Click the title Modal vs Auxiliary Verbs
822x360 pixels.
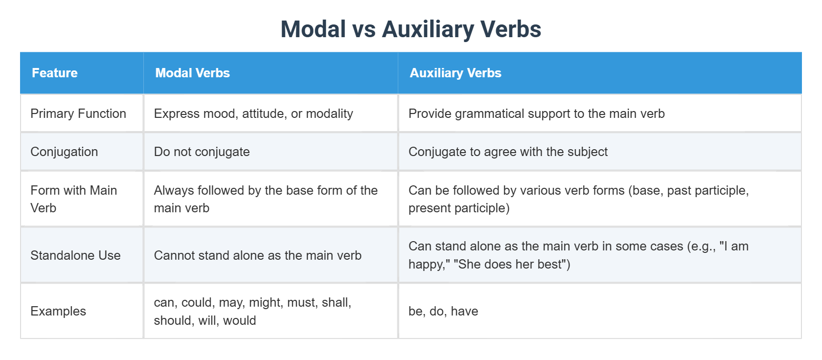tap(411, 29)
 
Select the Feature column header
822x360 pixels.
tap(55, 73)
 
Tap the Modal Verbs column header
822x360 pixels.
tap(192, 73)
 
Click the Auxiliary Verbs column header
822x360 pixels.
tap(455, 73)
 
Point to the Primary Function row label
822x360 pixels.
tap(78, 113)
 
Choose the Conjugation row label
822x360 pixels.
tap(64, 152)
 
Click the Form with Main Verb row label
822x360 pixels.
tap(73, 199)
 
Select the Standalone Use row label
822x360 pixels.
tap(75, 255)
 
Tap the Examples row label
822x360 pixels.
tap(58, 311)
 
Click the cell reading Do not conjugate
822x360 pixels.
tap(202, 152)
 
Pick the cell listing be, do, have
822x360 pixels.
tap(443, 311)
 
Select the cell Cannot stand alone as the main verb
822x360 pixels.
tap(257, 255)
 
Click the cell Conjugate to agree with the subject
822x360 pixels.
tap(508, 152)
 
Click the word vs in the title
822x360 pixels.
tap(364, 29)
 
